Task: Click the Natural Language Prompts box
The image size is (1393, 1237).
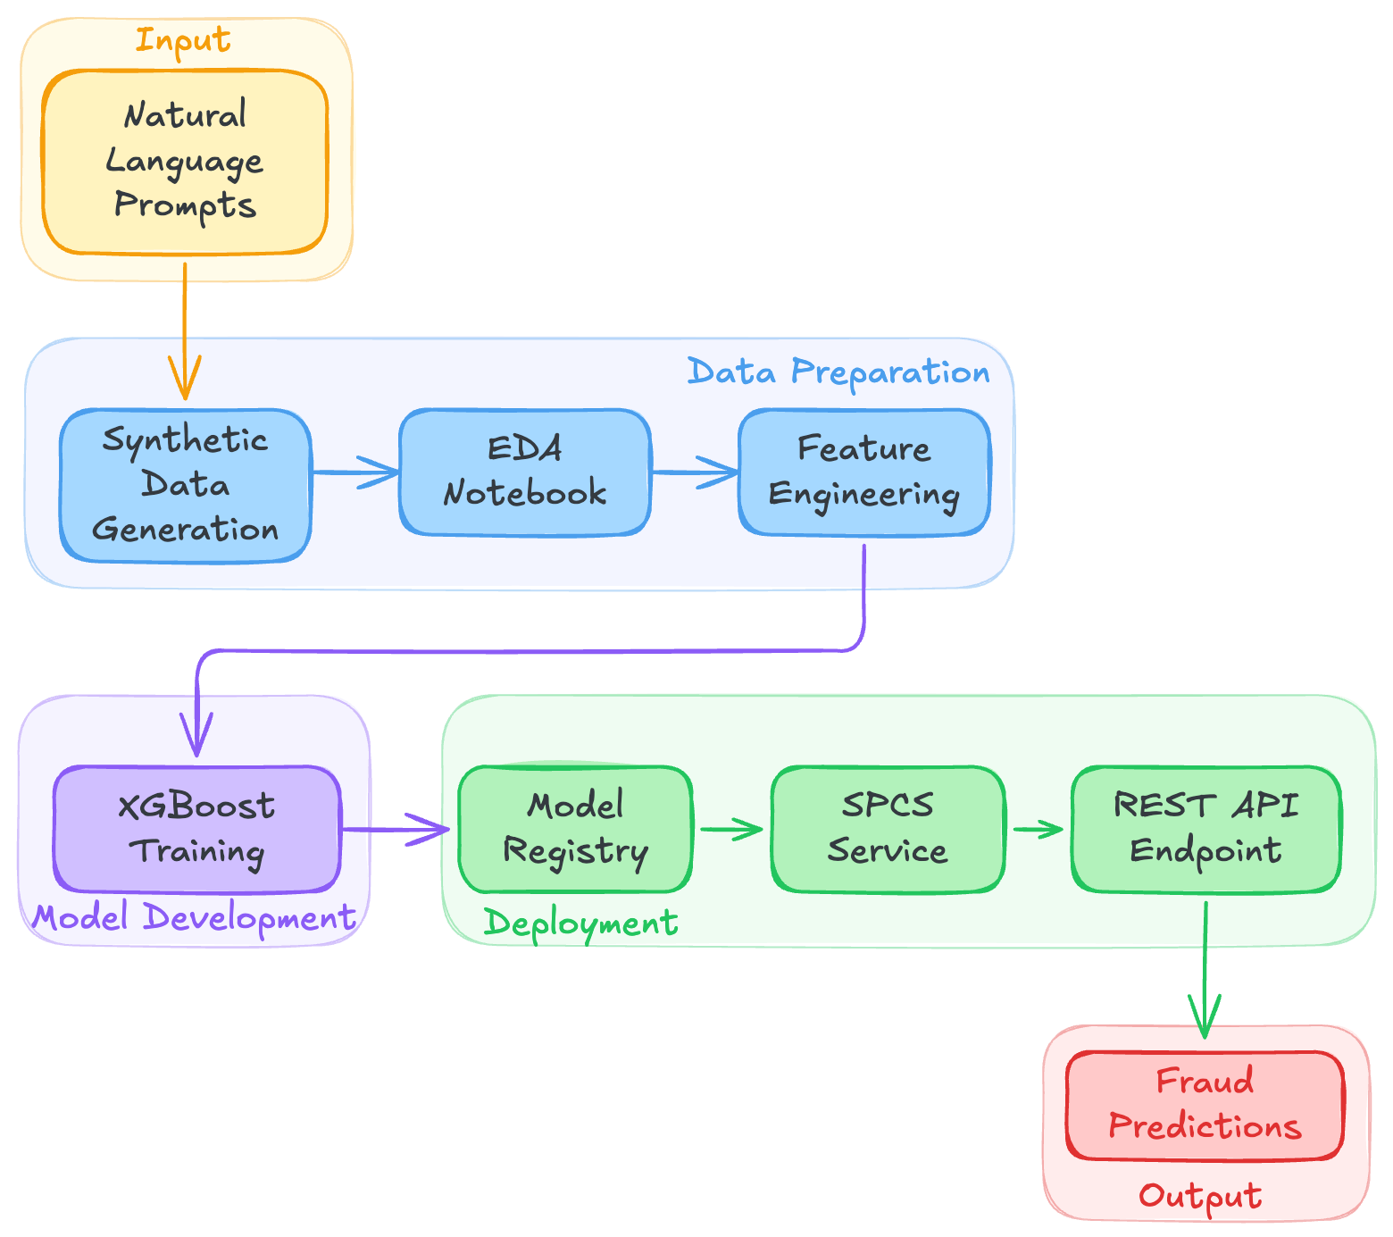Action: tap(185, 162)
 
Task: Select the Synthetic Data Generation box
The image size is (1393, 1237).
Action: tap(185, 485)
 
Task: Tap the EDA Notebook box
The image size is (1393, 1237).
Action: tap(524, 472)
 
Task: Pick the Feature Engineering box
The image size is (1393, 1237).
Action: tap(863, 472)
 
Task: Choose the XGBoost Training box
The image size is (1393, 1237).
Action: tap(196, 829)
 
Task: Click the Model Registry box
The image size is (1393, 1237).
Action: tap(575, 829)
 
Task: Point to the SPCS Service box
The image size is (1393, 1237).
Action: tap(888, 829)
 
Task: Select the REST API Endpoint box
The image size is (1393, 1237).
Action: tap(1205, 829)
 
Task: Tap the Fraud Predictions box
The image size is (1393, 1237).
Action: tap(1205, 1105)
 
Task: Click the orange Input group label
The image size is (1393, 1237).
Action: tap(183, 40)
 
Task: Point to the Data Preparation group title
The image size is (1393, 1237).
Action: tap(838, 372)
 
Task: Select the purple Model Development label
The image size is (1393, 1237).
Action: tap(194, 918)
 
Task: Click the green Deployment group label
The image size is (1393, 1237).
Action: tap(580, 923)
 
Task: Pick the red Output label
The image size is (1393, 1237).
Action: tap(1200, 1196)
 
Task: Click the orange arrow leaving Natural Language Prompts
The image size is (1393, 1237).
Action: tap(185, 330)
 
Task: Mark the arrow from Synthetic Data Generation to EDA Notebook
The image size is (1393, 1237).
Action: tap(355, 472)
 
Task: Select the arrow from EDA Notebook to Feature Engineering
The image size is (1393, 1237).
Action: tap(694, 472)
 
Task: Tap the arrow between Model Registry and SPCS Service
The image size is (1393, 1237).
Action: tap(730, 829)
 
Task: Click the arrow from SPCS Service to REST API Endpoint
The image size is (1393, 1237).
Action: tap(1038, 829)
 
